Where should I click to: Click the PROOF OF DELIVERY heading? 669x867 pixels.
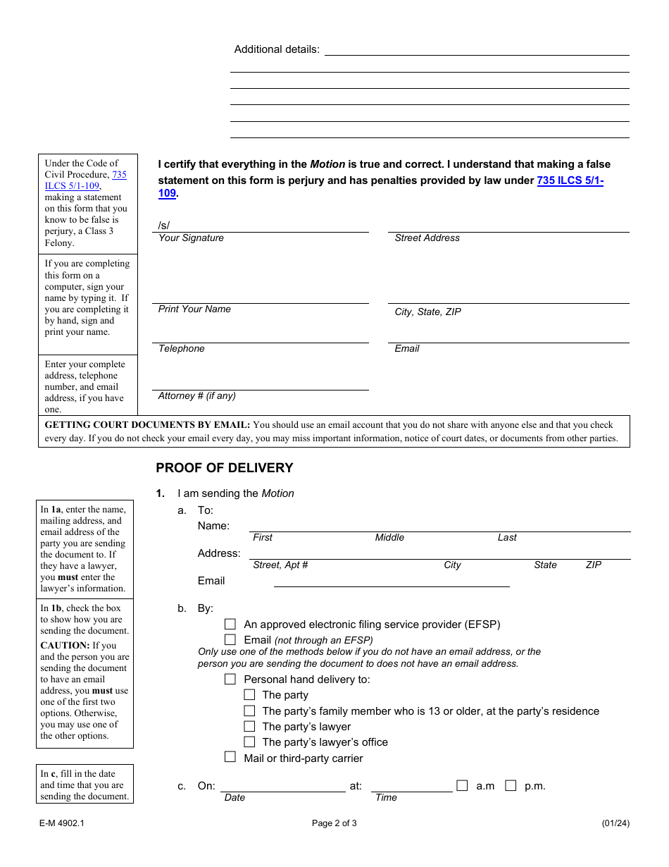point(224,468)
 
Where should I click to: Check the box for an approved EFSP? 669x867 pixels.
point(230,624)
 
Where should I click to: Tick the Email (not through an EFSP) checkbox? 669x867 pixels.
point(230,639)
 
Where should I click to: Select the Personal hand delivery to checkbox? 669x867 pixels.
point(230,679)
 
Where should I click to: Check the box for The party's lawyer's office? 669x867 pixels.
point(249,742)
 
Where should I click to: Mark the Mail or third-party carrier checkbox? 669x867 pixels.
point(230,757)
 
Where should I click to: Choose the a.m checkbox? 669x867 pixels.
point(462,785)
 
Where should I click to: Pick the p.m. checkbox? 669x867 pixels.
point(511,785)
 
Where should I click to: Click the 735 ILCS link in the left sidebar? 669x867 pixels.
point(86,180)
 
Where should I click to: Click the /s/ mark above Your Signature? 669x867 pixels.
point(164,226)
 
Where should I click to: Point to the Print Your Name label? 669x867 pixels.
point(194,309)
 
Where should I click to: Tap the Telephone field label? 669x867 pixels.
point(181,349)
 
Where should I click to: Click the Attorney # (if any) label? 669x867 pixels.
point(196,396)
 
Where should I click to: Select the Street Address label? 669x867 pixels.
point(427,238)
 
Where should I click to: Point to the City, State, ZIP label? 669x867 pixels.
point(427,312)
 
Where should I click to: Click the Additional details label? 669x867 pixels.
point(277,49)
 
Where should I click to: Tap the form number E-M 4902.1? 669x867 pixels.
point(62,823)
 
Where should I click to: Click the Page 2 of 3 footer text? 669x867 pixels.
point(334,823)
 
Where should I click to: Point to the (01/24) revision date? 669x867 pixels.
point(615,823)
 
